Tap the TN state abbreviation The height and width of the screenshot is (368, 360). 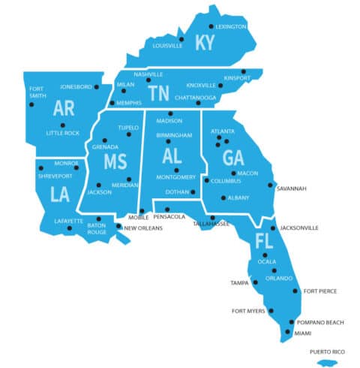tap(158, 93)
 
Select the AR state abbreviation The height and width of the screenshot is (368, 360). tap(64, 109)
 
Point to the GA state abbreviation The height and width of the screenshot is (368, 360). tap(232, 158)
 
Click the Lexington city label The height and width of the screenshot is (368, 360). tap(231, 27)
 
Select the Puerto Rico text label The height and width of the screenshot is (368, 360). tap(327, 351)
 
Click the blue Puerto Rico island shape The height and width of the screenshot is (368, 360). tap(327, 363)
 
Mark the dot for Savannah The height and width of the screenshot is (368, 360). tap(271, 185)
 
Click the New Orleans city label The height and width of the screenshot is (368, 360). tap(143, 228)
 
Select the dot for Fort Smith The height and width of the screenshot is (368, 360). tap(31, 104)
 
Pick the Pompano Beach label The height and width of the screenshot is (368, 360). tap(320, 322)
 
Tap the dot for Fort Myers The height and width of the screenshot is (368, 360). tap(271, 311)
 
